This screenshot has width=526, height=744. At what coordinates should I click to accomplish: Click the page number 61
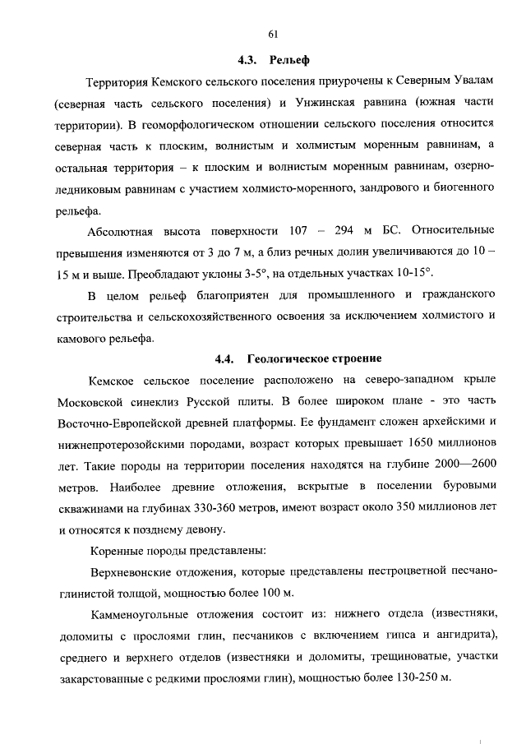pyautogui.click(x=273, y=34)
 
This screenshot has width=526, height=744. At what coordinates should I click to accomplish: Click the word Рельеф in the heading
pyautogui.click(x=288, y=60)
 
